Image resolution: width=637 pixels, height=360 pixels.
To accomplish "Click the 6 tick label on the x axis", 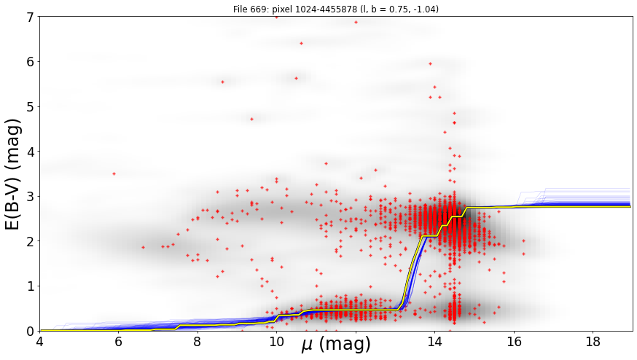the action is pos(118,341).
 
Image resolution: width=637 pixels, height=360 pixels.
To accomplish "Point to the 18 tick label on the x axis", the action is pos(593,341).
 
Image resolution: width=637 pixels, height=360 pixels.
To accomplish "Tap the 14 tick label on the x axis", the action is pos(434,341).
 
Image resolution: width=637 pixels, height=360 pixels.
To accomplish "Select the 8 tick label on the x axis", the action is pos(198,341).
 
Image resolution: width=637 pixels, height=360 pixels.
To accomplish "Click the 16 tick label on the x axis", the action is pos(514,341).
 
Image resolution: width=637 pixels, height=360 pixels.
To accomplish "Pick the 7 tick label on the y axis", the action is pos(31,17).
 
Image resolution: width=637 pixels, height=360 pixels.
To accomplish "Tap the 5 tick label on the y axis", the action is pos(31,107).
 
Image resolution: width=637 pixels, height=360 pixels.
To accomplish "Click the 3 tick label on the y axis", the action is pos(31,197).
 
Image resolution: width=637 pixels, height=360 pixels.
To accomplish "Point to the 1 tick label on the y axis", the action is pos(31,286).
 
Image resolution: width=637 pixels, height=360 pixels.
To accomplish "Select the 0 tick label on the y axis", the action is pos(31,331).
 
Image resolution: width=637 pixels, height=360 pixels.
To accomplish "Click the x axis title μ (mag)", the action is pos(336,345).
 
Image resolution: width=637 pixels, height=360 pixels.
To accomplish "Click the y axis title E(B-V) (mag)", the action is pos(14,174).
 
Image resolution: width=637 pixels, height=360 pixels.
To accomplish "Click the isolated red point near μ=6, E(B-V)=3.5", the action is pos(114,173).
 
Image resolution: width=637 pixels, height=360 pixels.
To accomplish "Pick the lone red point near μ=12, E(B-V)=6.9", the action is pos(356,23).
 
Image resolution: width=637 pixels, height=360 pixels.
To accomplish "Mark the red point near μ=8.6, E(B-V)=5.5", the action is pos(222,82).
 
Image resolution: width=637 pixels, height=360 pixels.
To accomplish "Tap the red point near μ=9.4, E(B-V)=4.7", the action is pos(252,119).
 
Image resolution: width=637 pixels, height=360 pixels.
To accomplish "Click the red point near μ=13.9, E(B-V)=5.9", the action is pos(430,64).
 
